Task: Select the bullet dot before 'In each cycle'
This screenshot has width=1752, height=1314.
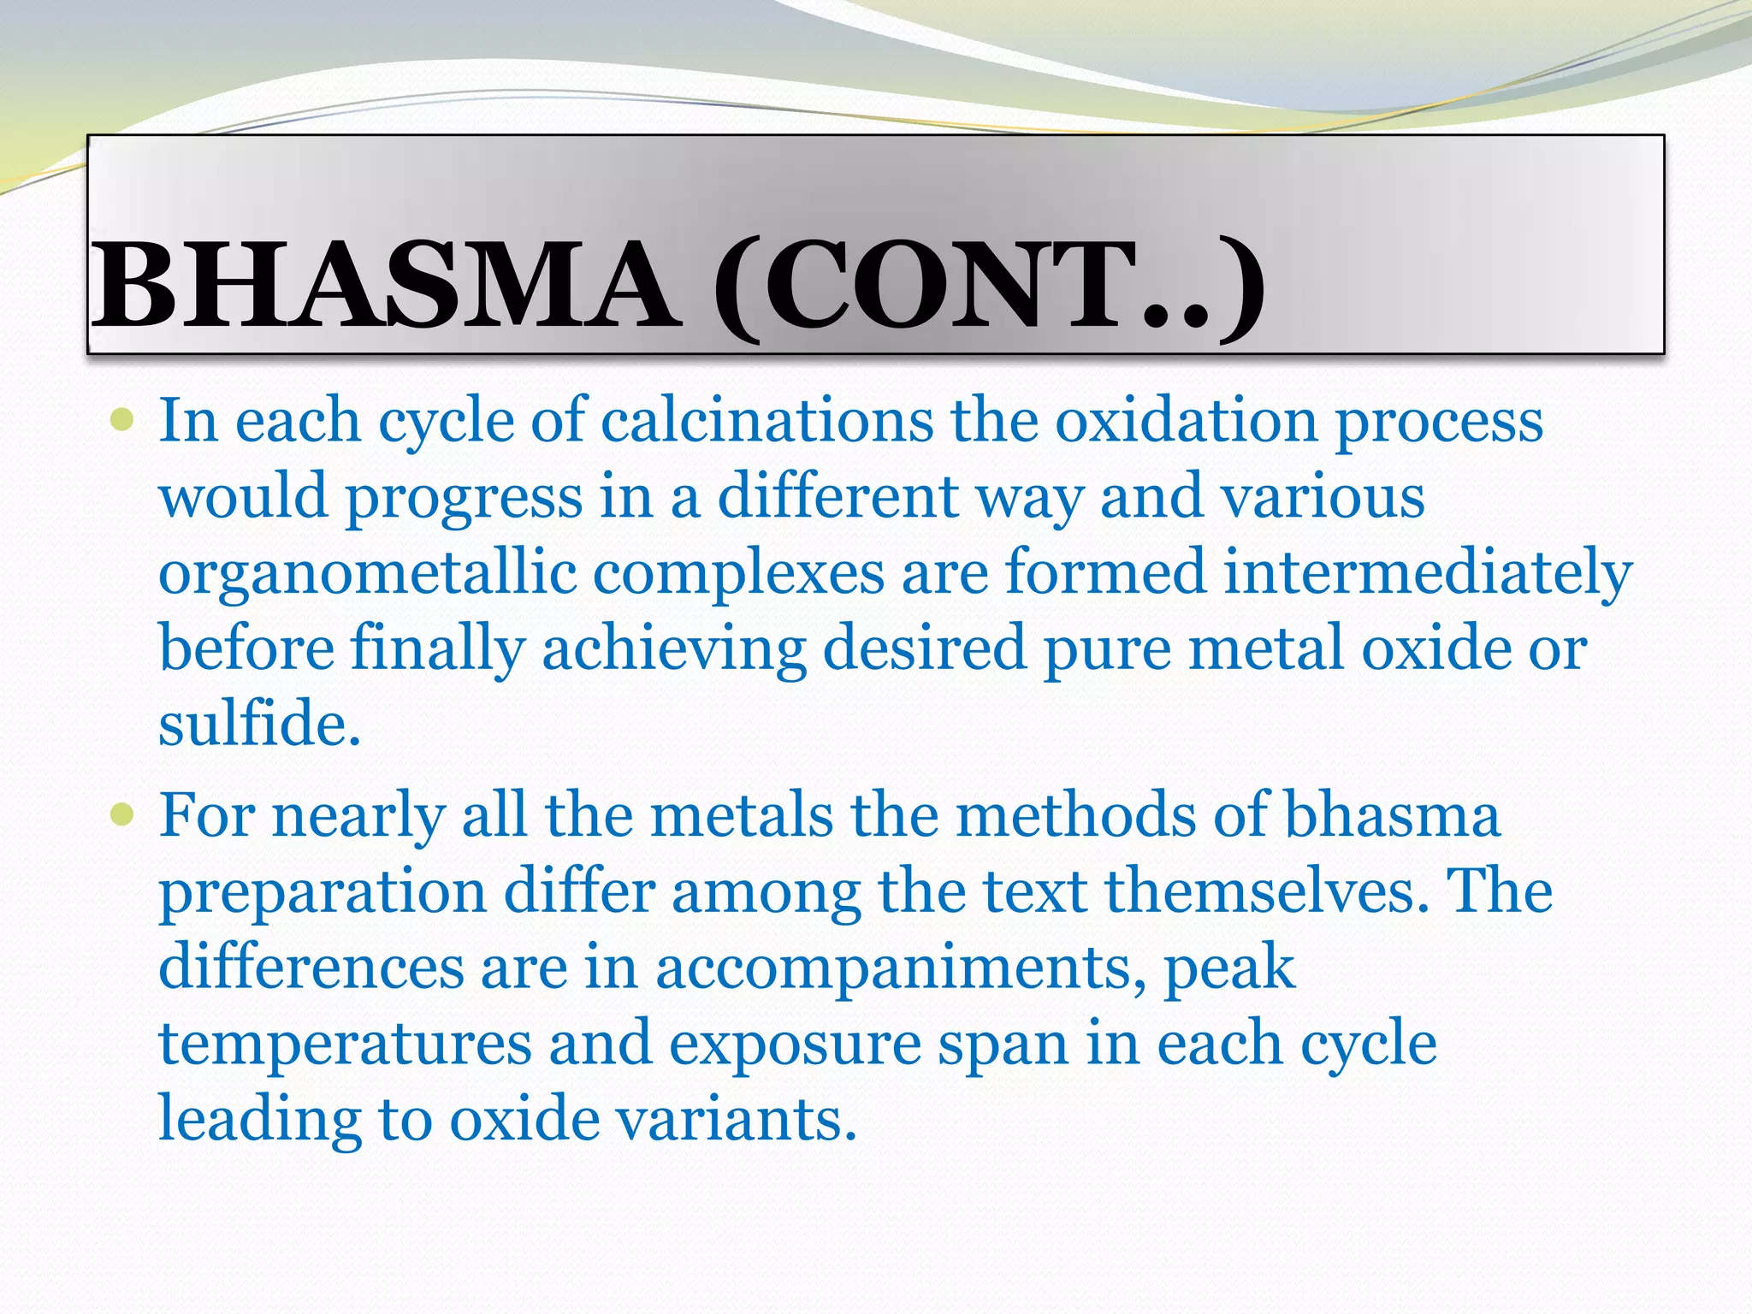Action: (122, 420)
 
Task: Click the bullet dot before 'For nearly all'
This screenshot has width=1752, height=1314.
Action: (122, 814)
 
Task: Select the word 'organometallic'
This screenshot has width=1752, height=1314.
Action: (367, 573)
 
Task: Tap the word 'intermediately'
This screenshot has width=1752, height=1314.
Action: (1428, 573)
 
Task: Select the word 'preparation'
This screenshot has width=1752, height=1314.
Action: (323, 893)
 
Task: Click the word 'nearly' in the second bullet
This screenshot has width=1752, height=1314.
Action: (358, 816)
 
